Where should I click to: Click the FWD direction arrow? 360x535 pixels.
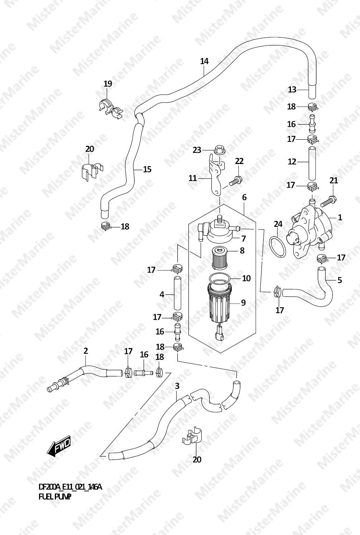[59, 446]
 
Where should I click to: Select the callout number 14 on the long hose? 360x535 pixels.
[204, 61]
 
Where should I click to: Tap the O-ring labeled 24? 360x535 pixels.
[278, 247]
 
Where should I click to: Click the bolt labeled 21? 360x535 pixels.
[327, 202]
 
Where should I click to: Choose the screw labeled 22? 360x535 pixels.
[235, 181]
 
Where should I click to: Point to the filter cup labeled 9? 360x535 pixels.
[220, 304]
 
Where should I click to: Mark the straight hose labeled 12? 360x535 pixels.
[312, 163]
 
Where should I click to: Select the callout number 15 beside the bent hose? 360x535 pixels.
[147, 169]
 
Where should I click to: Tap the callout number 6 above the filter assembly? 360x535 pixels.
[244, 197]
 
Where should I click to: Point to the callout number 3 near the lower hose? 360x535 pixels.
[177, 386]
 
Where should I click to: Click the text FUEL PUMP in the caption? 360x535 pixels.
[55, 497]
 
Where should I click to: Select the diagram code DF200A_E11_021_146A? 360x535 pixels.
[70, 487]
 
